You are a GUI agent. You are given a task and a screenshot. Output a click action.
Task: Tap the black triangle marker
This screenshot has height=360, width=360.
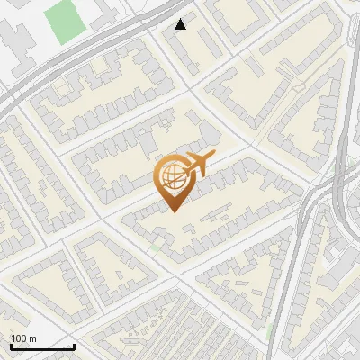[181, 24]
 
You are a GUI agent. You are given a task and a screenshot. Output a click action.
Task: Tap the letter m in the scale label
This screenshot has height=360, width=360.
[33, 338]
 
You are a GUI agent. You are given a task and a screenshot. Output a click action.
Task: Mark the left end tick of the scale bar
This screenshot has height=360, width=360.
[11, 346]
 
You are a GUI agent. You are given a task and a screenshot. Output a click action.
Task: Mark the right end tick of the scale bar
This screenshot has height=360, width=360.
[74, 346]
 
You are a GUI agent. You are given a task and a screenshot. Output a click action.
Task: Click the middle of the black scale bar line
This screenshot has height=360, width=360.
[42, 347]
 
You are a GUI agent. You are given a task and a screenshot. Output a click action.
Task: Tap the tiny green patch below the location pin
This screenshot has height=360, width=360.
[157, 245]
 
